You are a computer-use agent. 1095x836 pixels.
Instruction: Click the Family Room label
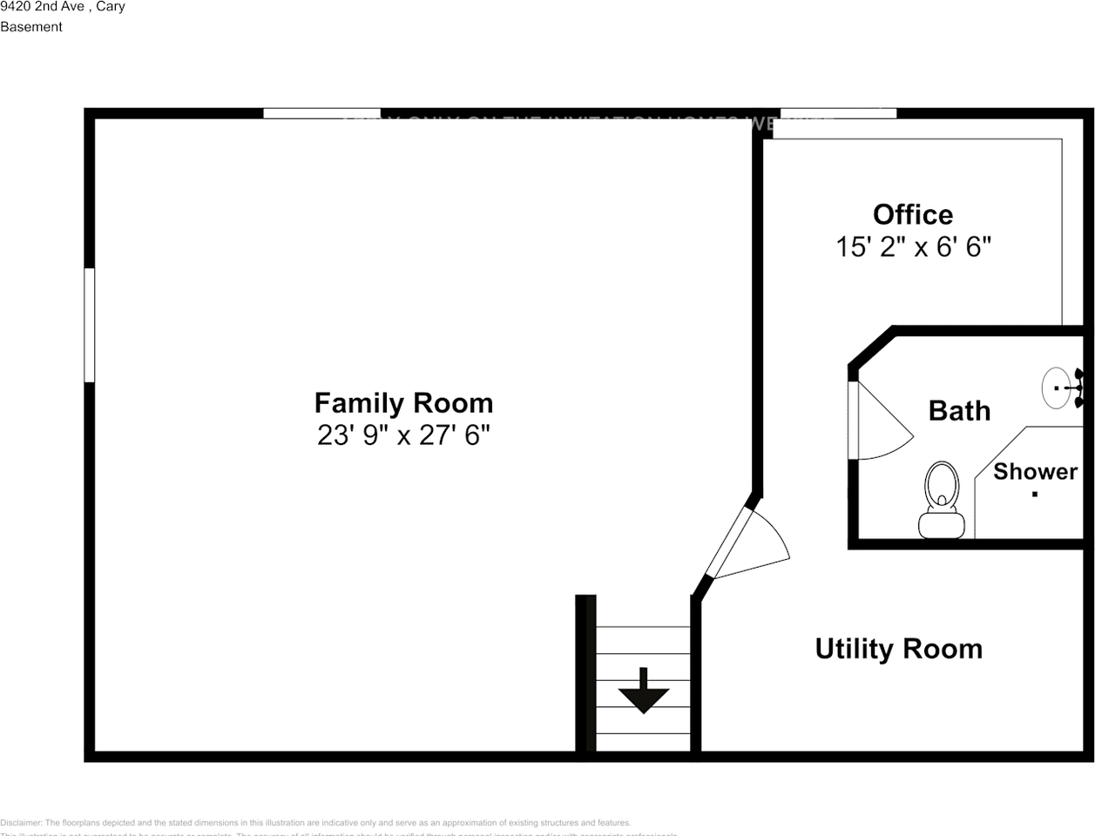pos(403,403)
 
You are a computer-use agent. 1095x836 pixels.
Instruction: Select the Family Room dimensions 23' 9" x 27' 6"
pos(403,435)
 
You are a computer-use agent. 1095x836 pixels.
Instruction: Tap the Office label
pos(913,214)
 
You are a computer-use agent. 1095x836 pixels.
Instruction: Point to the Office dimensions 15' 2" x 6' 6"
pos(913,246)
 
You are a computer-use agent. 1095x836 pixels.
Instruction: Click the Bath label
pos(959,410)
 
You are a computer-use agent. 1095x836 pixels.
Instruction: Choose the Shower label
pos(1035,471)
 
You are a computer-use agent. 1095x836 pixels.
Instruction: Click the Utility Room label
pos(898,649)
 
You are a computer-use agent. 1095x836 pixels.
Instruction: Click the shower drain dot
pos(1035,495)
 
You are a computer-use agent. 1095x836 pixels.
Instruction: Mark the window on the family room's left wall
pos(89,325)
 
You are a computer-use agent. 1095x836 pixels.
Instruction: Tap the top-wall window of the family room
pos(321,112)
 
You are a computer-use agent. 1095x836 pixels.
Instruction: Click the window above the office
pos(837,112)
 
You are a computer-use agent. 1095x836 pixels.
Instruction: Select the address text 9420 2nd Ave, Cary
pos(63,7)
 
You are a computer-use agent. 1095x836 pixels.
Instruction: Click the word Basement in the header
pos(31,27)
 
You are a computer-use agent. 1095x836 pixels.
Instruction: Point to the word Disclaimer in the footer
pos(21,822)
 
